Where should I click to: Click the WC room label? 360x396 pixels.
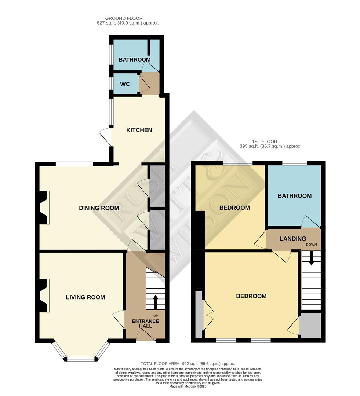point(125,84)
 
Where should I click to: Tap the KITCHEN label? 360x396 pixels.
point(139,130)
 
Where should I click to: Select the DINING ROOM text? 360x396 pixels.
point(99,208)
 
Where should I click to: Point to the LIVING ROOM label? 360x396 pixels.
point(86,297)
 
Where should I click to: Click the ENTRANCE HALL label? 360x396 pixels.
point(146,324)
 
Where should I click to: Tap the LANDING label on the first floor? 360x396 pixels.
point(292,239)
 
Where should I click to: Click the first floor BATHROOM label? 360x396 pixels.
point(294,196)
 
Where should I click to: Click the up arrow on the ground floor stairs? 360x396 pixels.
point(155,302)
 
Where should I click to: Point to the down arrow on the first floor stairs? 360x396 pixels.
point(311,259)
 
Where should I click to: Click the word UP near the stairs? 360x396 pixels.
point(156,315)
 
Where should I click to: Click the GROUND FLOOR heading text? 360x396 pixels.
point(124,18)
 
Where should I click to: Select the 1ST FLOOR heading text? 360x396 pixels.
point(264,141)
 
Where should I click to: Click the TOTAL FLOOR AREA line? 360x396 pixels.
point(188,363)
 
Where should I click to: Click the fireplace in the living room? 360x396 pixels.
point(44,296)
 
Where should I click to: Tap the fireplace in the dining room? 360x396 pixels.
point(44,208)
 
